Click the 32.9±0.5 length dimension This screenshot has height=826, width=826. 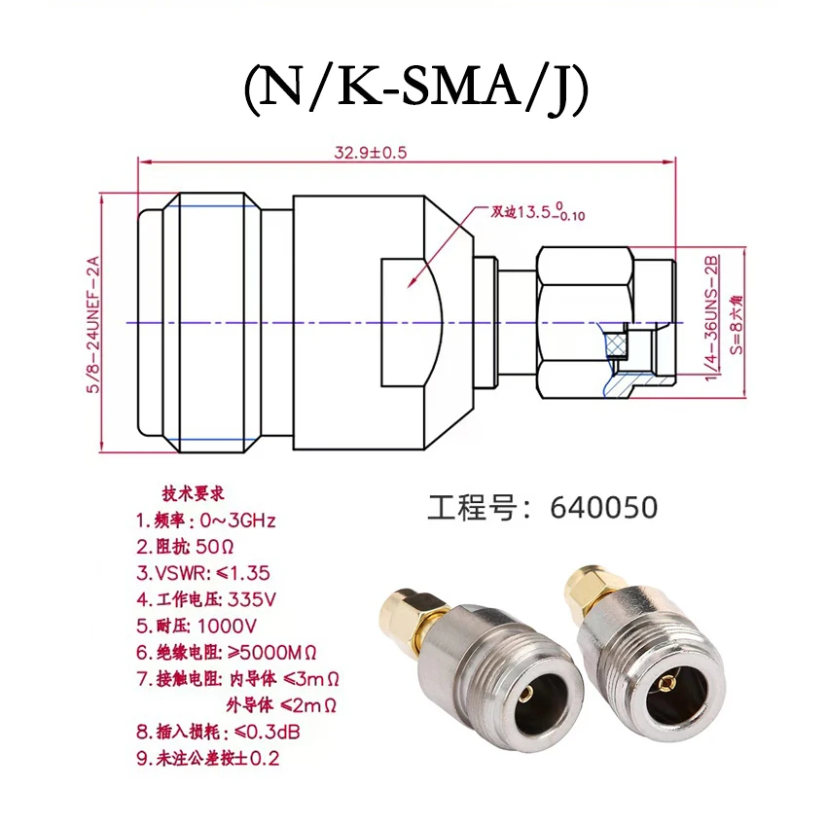coord(371,153)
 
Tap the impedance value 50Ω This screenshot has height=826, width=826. coord(217,545)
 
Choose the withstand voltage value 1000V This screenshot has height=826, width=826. coord(227,624)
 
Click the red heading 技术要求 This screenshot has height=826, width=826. coord(192,493)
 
